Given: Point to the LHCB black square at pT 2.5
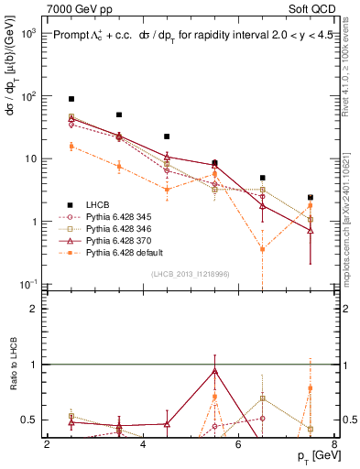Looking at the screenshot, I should click(x=71, y=99).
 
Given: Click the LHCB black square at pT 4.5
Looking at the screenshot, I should click(x=167, y=136).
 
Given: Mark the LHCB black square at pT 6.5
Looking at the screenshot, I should click(x=262, y=178).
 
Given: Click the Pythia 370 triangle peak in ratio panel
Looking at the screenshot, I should click(x=214, y=371).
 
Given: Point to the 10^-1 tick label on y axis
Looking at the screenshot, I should click(x=27, y=285).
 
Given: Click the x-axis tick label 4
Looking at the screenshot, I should click(x=143, y=445).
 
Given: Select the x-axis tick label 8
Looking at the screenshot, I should click(x=333, y=445).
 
